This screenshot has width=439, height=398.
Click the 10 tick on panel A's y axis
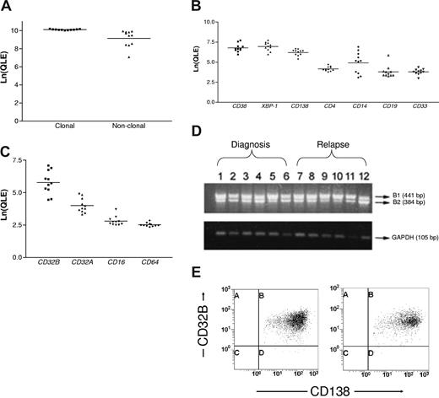click(24, 30)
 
